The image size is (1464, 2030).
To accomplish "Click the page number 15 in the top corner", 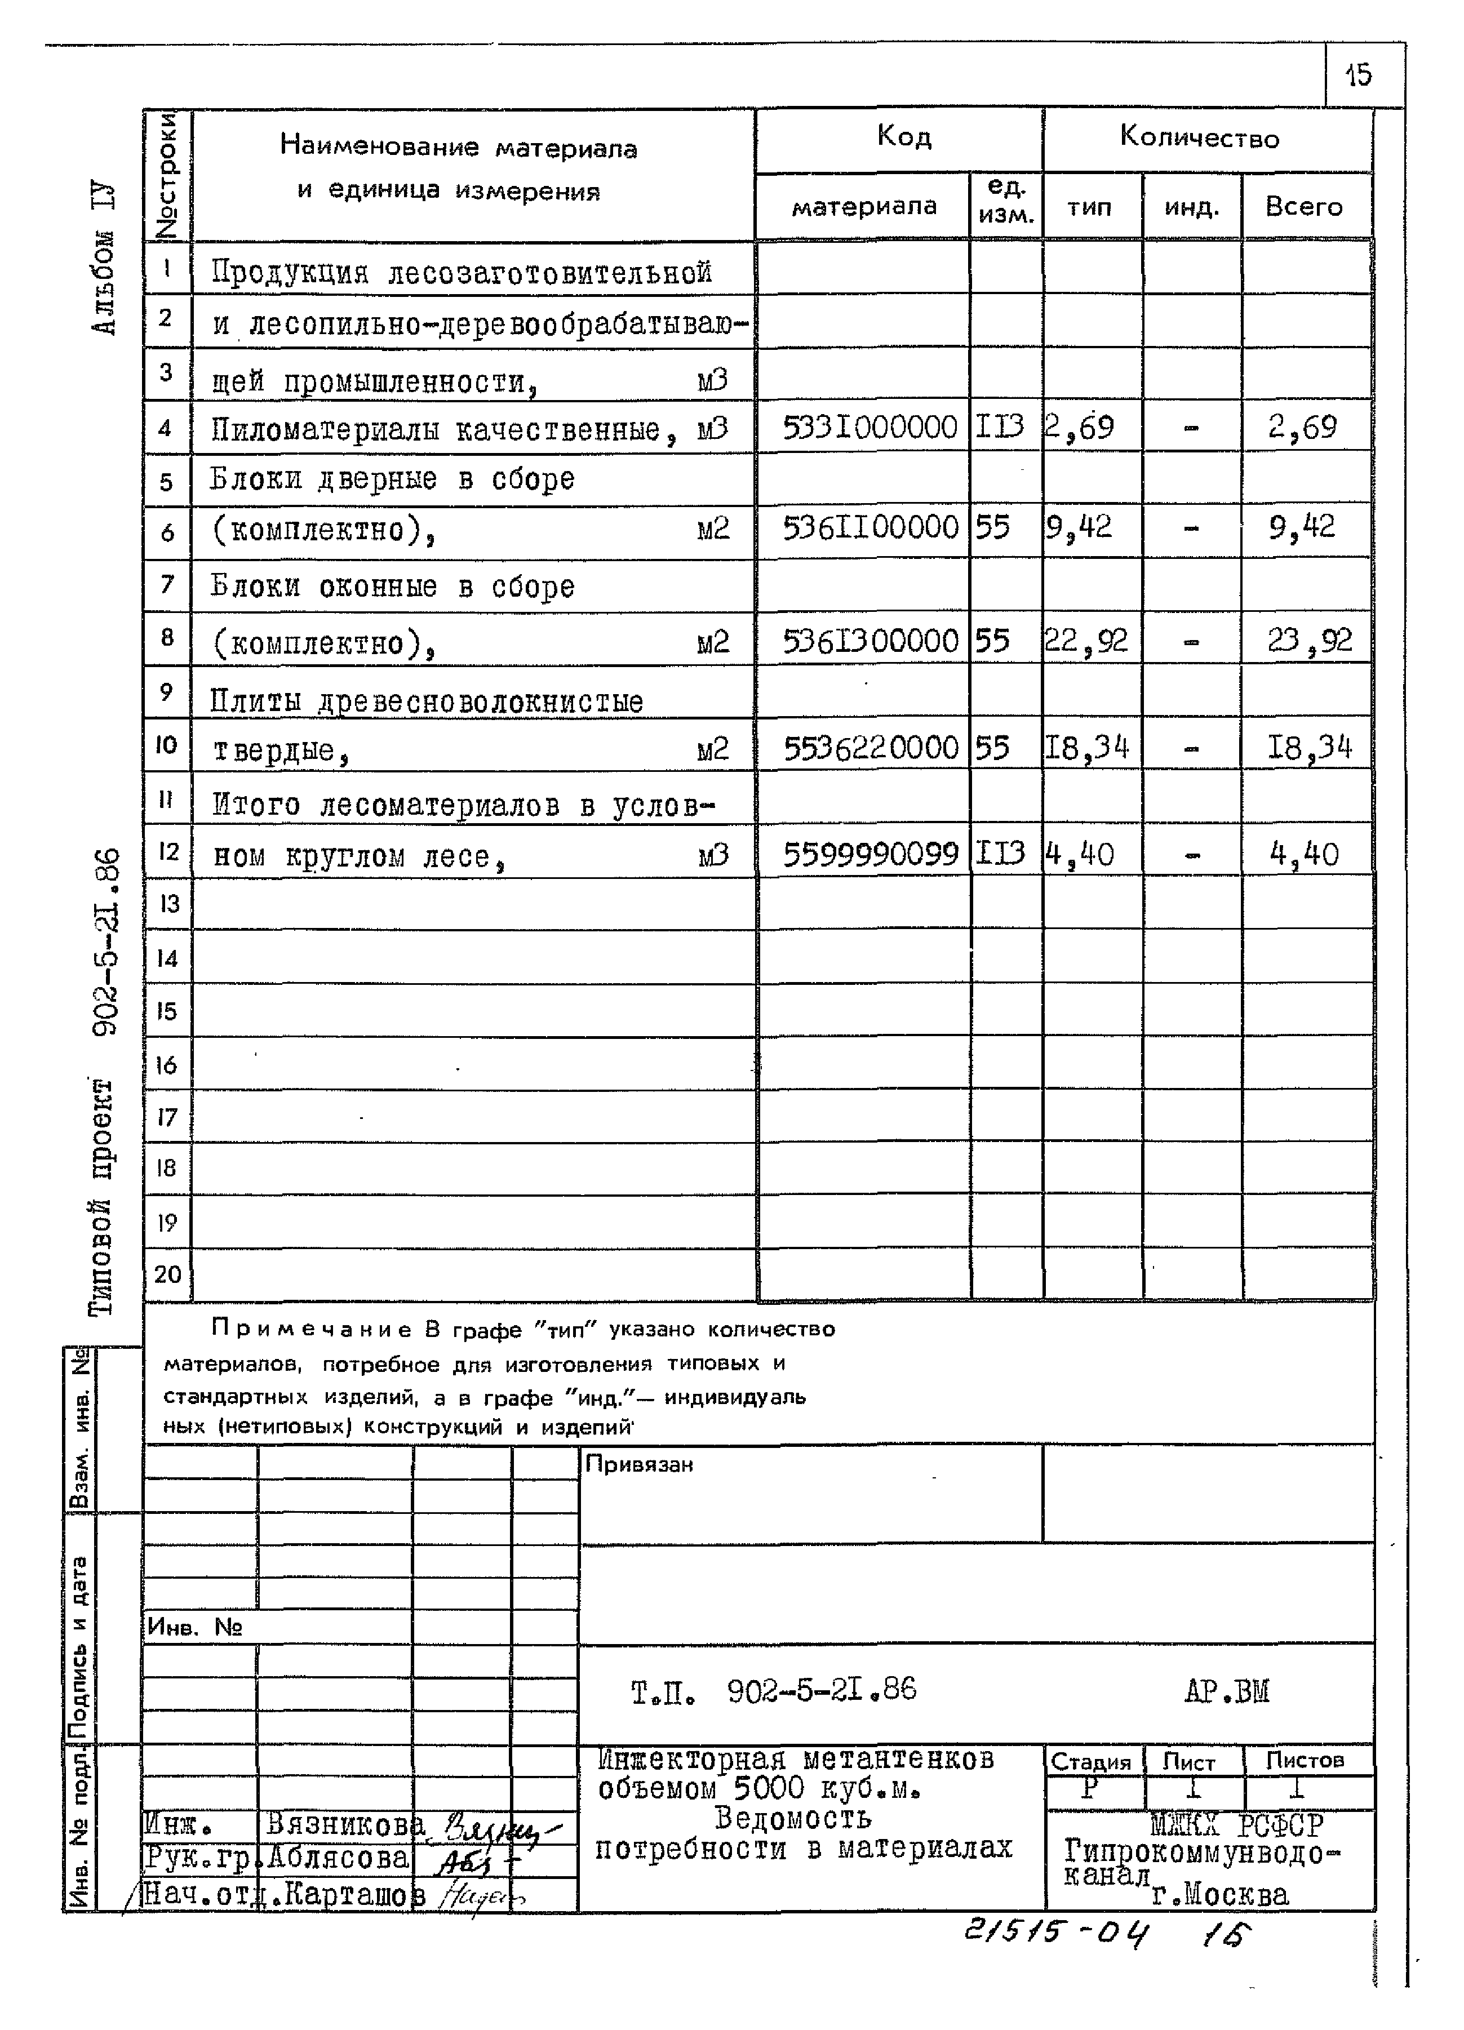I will [1358, 74].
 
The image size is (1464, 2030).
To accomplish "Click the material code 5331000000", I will [869, 428].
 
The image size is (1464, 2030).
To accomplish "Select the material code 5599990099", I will [870, 855].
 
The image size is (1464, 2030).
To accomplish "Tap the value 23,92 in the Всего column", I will [1308, 641].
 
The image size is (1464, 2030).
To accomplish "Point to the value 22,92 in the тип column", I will [1086, 641].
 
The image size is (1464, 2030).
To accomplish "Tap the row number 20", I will [167, 1274].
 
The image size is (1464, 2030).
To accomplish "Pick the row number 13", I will [168, 904].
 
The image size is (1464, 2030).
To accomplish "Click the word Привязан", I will [638, 1464].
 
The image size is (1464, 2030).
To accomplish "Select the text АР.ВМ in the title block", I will [1226, 1691].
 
